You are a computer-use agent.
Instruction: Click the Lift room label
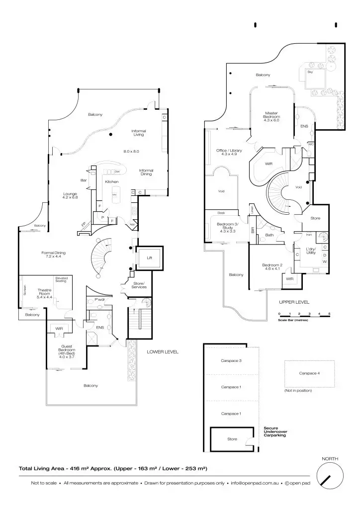pos(149,258)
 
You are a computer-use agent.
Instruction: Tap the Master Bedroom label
pos(271,116)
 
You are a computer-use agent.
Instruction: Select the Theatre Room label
pos(45,293)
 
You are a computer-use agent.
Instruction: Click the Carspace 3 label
pos(231,360)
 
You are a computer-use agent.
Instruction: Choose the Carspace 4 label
pos(309,373)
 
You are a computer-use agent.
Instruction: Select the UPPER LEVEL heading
pos(294,302)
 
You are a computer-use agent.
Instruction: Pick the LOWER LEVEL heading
pos(163,352)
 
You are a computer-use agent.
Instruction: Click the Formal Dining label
pos(53,254)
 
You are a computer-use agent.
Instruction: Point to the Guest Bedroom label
pos(67,351)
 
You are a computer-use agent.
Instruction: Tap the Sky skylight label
pos(310,72)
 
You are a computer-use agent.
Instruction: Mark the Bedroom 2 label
pos(272,267)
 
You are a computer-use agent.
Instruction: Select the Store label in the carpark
pos(232,439)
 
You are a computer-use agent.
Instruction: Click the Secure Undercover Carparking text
pos(275,431)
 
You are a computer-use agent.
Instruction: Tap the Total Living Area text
pos(113,468)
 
